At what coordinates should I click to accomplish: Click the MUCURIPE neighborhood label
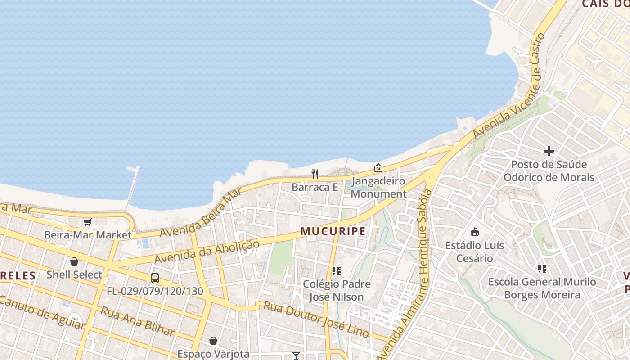tap(333, 231)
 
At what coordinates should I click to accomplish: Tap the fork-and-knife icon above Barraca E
tap(315, 174)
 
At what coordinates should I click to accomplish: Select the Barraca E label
tap(315, 187)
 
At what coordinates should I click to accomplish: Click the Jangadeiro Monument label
tap(378, 188)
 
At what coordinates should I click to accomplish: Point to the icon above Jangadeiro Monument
tap(378, 168)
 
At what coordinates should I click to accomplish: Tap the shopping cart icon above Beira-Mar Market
tap(87, 222)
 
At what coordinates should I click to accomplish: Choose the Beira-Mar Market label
tap(88, 235)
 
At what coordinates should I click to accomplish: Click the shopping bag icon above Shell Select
tap(74, 261)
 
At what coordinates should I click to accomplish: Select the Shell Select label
tap(74, 274)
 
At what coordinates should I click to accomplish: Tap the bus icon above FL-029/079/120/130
tap(155, 278)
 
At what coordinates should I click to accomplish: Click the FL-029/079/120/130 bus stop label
tap(155, 291)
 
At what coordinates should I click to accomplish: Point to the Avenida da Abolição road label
tap(207, 252)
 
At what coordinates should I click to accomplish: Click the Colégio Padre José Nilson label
tap(337, 291)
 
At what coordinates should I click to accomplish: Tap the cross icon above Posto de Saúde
tap(549, 151)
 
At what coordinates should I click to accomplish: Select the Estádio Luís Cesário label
tap(475, 252)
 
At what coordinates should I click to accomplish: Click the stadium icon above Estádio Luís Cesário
tap(474, 232)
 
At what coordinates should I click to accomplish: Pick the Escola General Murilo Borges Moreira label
tap(542, 288)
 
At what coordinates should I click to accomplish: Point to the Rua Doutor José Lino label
tap(316, 319)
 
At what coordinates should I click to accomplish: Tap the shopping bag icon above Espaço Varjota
tap(213, 341)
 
